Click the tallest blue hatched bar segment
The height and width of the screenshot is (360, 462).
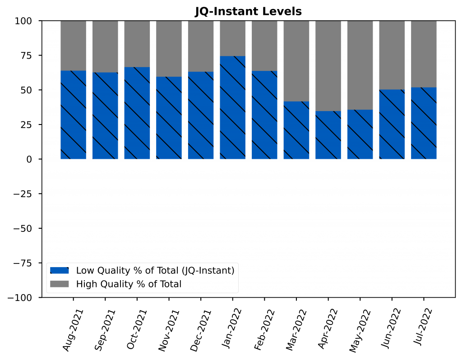pos(233,107)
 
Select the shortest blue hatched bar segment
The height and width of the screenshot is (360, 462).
pos(328,135)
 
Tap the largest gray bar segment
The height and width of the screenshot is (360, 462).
pos(328,66)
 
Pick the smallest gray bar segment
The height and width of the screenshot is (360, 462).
pos(233,38)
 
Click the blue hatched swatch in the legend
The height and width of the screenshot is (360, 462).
pos(59,270)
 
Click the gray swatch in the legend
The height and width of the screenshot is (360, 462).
pos(59,284)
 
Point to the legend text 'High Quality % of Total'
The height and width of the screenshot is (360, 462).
pos(129,284)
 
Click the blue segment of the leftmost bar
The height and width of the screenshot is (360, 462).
pos(74,115)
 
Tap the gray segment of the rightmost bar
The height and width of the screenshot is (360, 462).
pos(424,54)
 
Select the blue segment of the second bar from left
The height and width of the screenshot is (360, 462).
pos(105,115)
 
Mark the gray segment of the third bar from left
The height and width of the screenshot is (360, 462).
pos(137,44)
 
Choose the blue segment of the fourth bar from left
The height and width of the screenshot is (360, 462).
pos(169,118)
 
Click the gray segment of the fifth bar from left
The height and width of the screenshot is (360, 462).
pos(201,46)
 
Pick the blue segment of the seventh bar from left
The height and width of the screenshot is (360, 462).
pos(264,115)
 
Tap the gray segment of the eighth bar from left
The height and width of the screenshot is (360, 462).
pos(296,61)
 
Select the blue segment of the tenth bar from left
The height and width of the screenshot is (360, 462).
pos(360,134)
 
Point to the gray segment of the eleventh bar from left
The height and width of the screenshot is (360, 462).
pos(392,55)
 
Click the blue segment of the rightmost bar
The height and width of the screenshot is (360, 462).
pos(424,123)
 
